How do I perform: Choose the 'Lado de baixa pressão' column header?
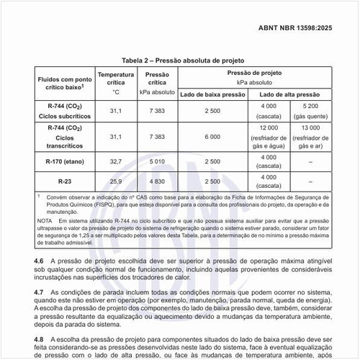(212, 94)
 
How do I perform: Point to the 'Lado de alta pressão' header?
(288, 94)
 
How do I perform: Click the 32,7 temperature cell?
(115, 162)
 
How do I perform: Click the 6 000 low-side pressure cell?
(212, 136)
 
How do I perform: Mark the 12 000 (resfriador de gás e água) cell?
(269, 136)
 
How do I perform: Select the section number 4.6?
(39, 258)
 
